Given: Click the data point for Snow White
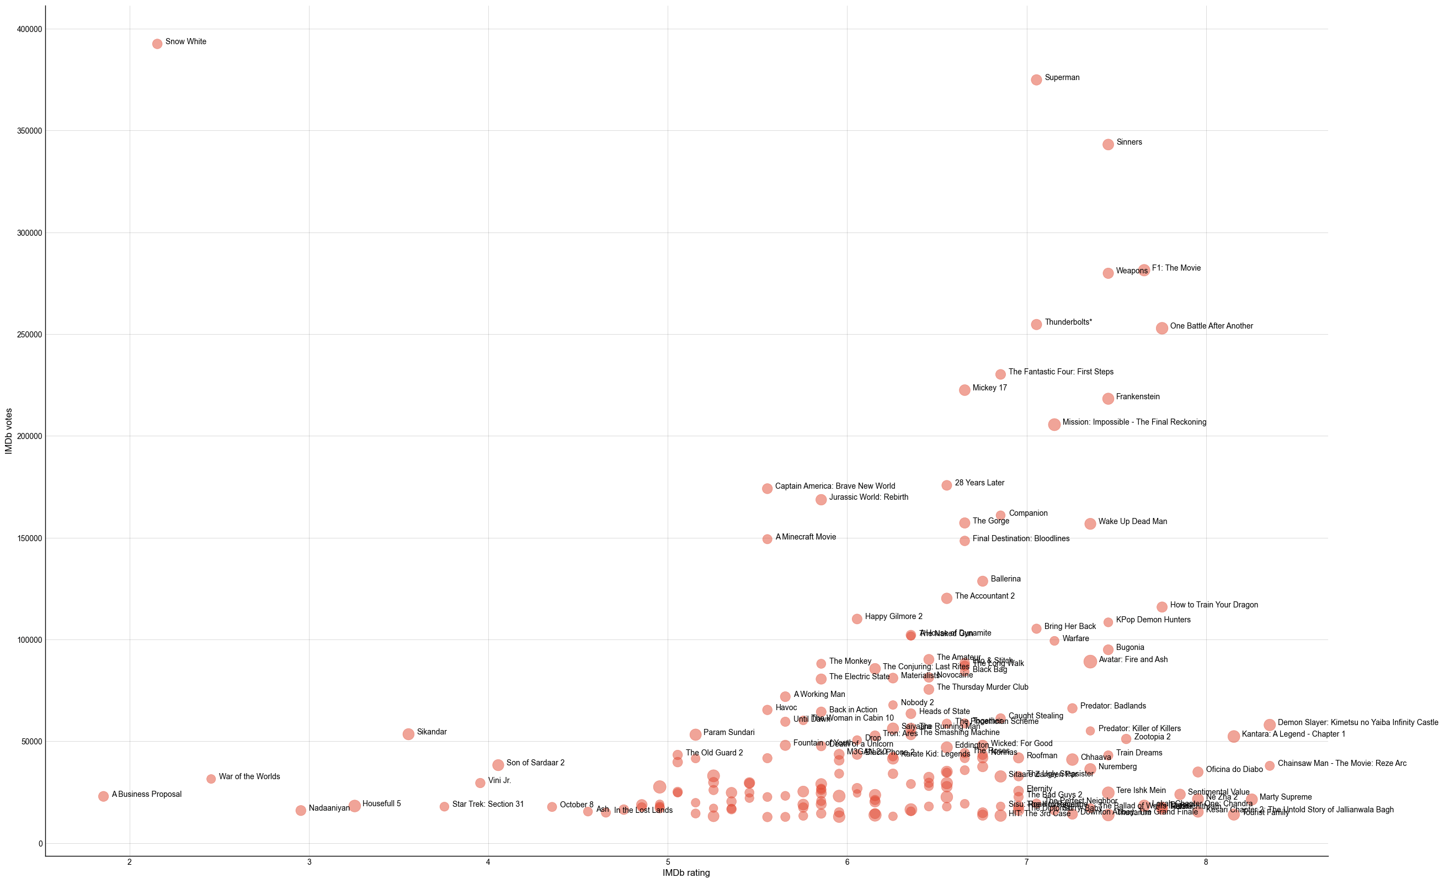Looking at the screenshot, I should (157, 44).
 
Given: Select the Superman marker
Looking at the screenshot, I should (1036, 80).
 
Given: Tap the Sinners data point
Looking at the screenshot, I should (1107, 144).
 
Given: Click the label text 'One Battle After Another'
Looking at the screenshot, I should (1211, 326).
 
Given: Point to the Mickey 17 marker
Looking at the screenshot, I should (964, 390).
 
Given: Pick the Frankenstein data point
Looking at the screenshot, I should (1107, 399).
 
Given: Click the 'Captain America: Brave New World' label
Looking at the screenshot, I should (834, 486).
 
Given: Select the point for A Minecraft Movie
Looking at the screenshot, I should (767, 539).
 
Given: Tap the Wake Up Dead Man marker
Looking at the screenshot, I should (1090, 524).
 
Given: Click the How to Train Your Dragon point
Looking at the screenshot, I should (1161, 607).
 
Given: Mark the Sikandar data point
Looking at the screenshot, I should (408, 734).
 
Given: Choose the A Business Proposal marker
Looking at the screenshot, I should (103, 796).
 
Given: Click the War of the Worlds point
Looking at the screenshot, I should (211, 779).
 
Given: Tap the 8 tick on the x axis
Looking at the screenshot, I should (1206, 862).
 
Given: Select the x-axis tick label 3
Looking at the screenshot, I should (309, 862).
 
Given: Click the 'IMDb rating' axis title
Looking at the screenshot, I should (686, 873).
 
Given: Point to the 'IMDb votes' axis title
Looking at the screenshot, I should (9, 431).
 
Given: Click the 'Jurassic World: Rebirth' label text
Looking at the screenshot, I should (868, 497).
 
